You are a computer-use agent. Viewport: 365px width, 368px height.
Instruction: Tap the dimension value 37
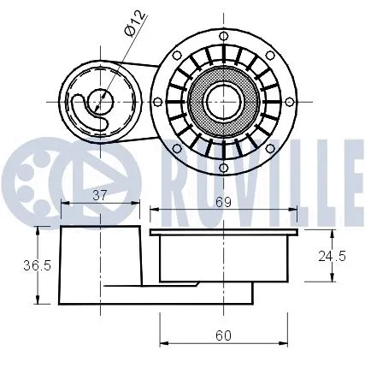99,195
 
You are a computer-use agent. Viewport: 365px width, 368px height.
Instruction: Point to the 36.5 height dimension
18,265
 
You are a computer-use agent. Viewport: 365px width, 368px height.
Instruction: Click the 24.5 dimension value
333,257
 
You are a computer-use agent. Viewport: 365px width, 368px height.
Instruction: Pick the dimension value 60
223,335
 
